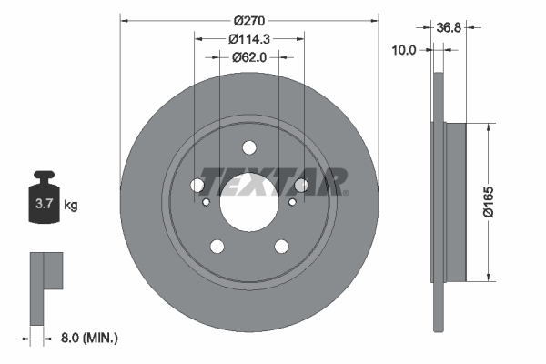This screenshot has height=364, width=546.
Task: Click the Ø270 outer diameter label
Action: [248, 21]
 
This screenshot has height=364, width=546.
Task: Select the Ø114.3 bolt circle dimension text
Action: [248, 39]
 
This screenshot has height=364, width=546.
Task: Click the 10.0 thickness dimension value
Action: [401, 51]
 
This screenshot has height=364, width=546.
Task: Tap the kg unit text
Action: [71, 206]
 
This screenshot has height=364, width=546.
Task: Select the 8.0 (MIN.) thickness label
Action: [88, 338]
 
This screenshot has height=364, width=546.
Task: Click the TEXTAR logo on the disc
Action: [274, 180]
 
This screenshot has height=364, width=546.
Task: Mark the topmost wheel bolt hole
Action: [249, 148]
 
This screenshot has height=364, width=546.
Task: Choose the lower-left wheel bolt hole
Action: [217, 246]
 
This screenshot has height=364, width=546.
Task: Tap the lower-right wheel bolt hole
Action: [281, 246]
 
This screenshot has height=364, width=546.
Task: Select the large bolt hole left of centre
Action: [197, 186]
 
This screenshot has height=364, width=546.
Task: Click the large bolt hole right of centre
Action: [301, 186]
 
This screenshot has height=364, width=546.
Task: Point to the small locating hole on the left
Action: [207, 202]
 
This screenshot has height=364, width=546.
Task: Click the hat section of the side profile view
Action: [455, 201]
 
